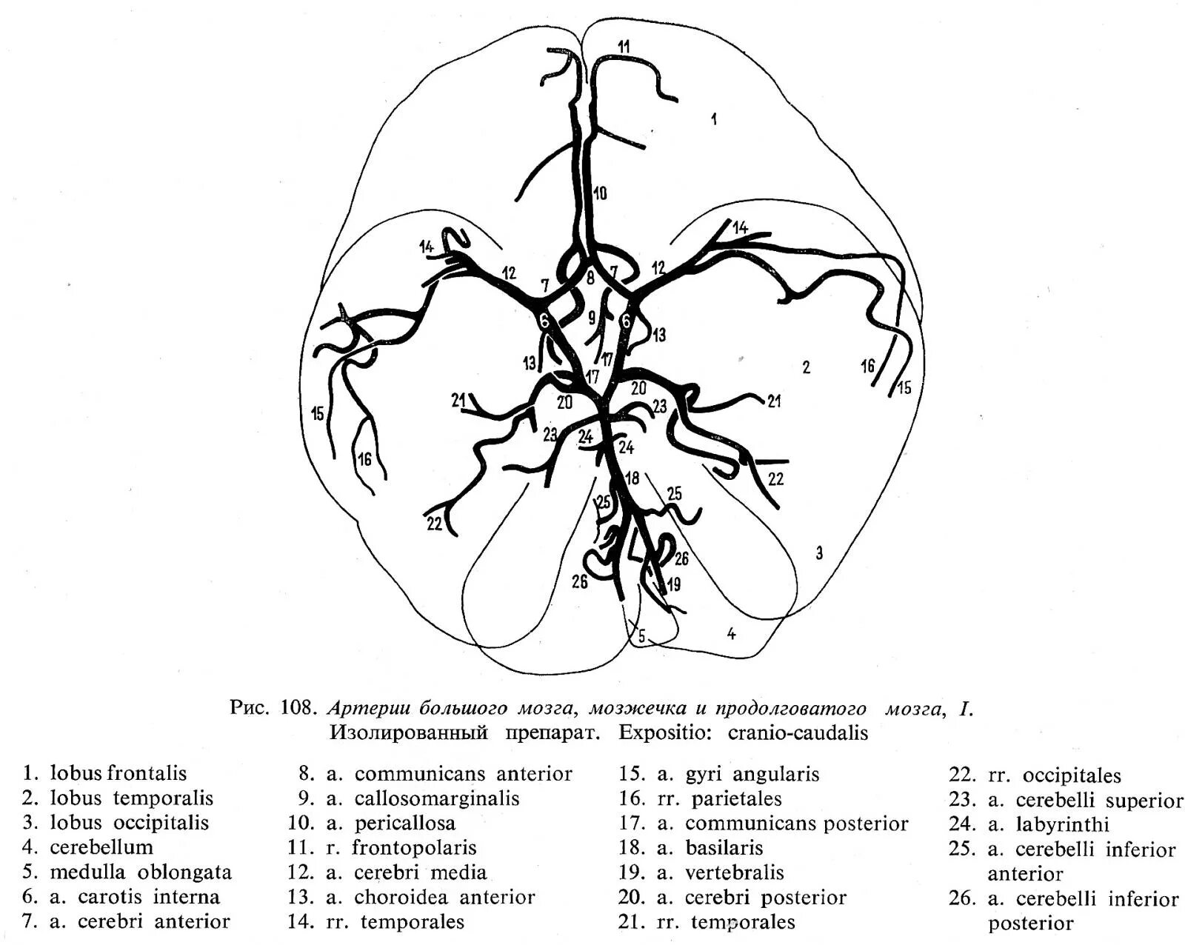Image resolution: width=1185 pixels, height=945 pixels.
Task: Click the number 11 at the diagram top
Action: click(624, 47)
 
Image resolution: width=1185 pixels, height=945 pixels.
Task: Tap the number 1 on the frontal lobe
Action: click(714, 118)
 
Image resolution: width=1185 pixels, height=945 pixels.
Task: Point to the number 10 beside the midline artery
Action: click(600, 193)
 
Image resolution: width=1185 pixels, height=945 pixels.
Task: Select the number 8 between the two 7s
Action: click(590, 278)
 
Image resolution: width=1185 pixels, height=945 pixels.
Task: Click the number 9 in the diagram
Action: click(592, 318)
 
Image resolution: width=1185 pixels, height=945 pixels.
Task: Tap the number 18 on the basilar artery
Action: click(632, 478)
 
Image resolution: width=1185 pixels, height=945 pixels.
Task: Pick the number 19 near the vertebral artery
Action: click(673, 584)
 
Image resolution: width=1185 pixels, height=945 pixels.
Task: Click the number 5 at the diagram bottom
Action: click(642, 635)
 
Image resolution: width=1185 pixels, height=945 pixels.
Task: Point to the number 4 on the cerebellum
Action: click(732, 634)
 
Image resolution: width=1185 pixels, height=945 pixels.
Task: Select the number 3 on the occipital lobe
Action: click(819, 552)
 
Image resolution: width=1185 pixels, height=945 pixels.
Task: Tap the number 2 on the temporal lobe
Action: click(807, 367)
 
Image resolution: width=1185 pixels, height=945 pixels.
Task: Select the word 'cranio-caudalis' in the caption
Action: click(798, 733)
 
